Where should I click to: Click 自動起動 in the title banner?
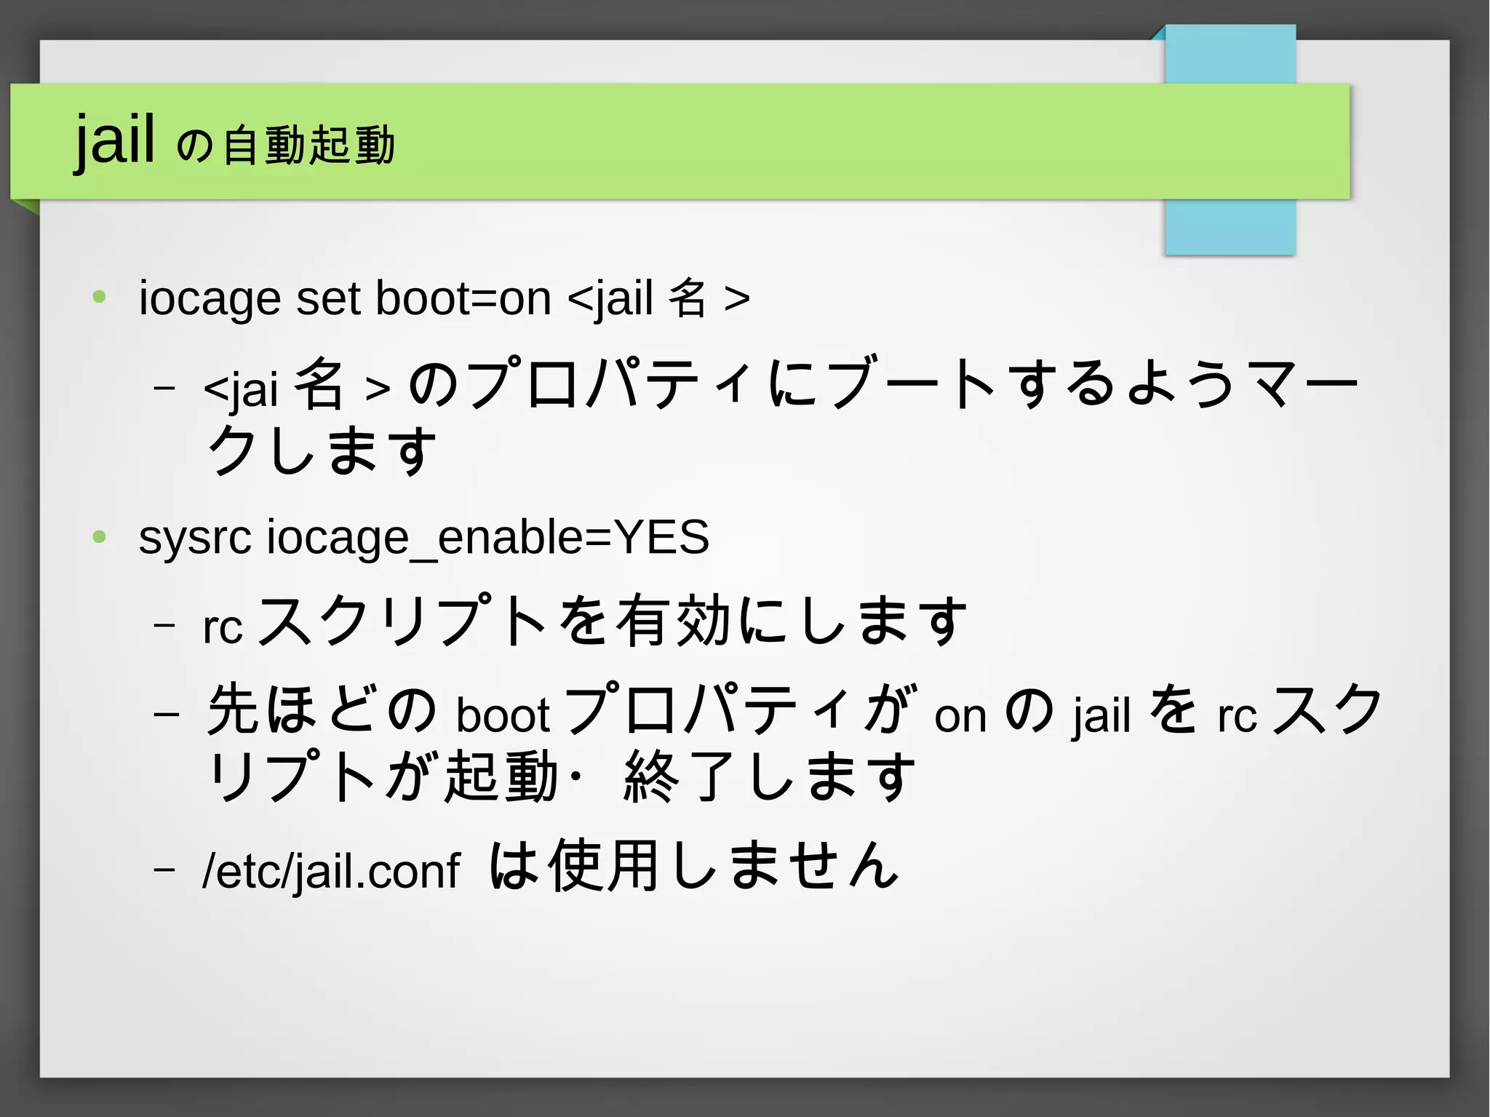click(308, 145)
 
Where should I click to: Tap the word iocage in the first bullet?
click(210, 298)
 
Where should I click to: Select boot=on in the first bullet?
click(463, 298)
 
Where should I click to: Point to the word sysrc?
click(194, 537)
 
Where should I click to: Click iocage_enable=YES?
click(487, 538)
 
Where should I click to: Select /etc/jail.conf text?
click(331, 870)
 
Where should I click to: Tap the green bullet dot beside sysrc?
click(100, 538)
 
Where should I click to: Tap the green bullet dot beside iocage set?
click(100, 297)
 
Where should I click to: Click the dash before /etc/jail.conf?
click(165, 868)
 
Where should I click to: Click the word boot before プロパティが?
click(502, 715)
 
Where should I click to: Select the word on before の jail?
click(960, 717)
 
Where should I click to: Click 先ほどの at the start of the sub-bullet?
click(321, 709)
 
